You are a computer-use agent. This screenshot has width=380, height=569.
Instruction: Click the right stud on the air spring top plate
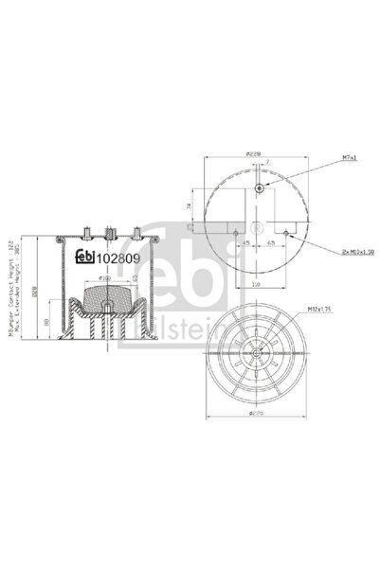137,232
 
